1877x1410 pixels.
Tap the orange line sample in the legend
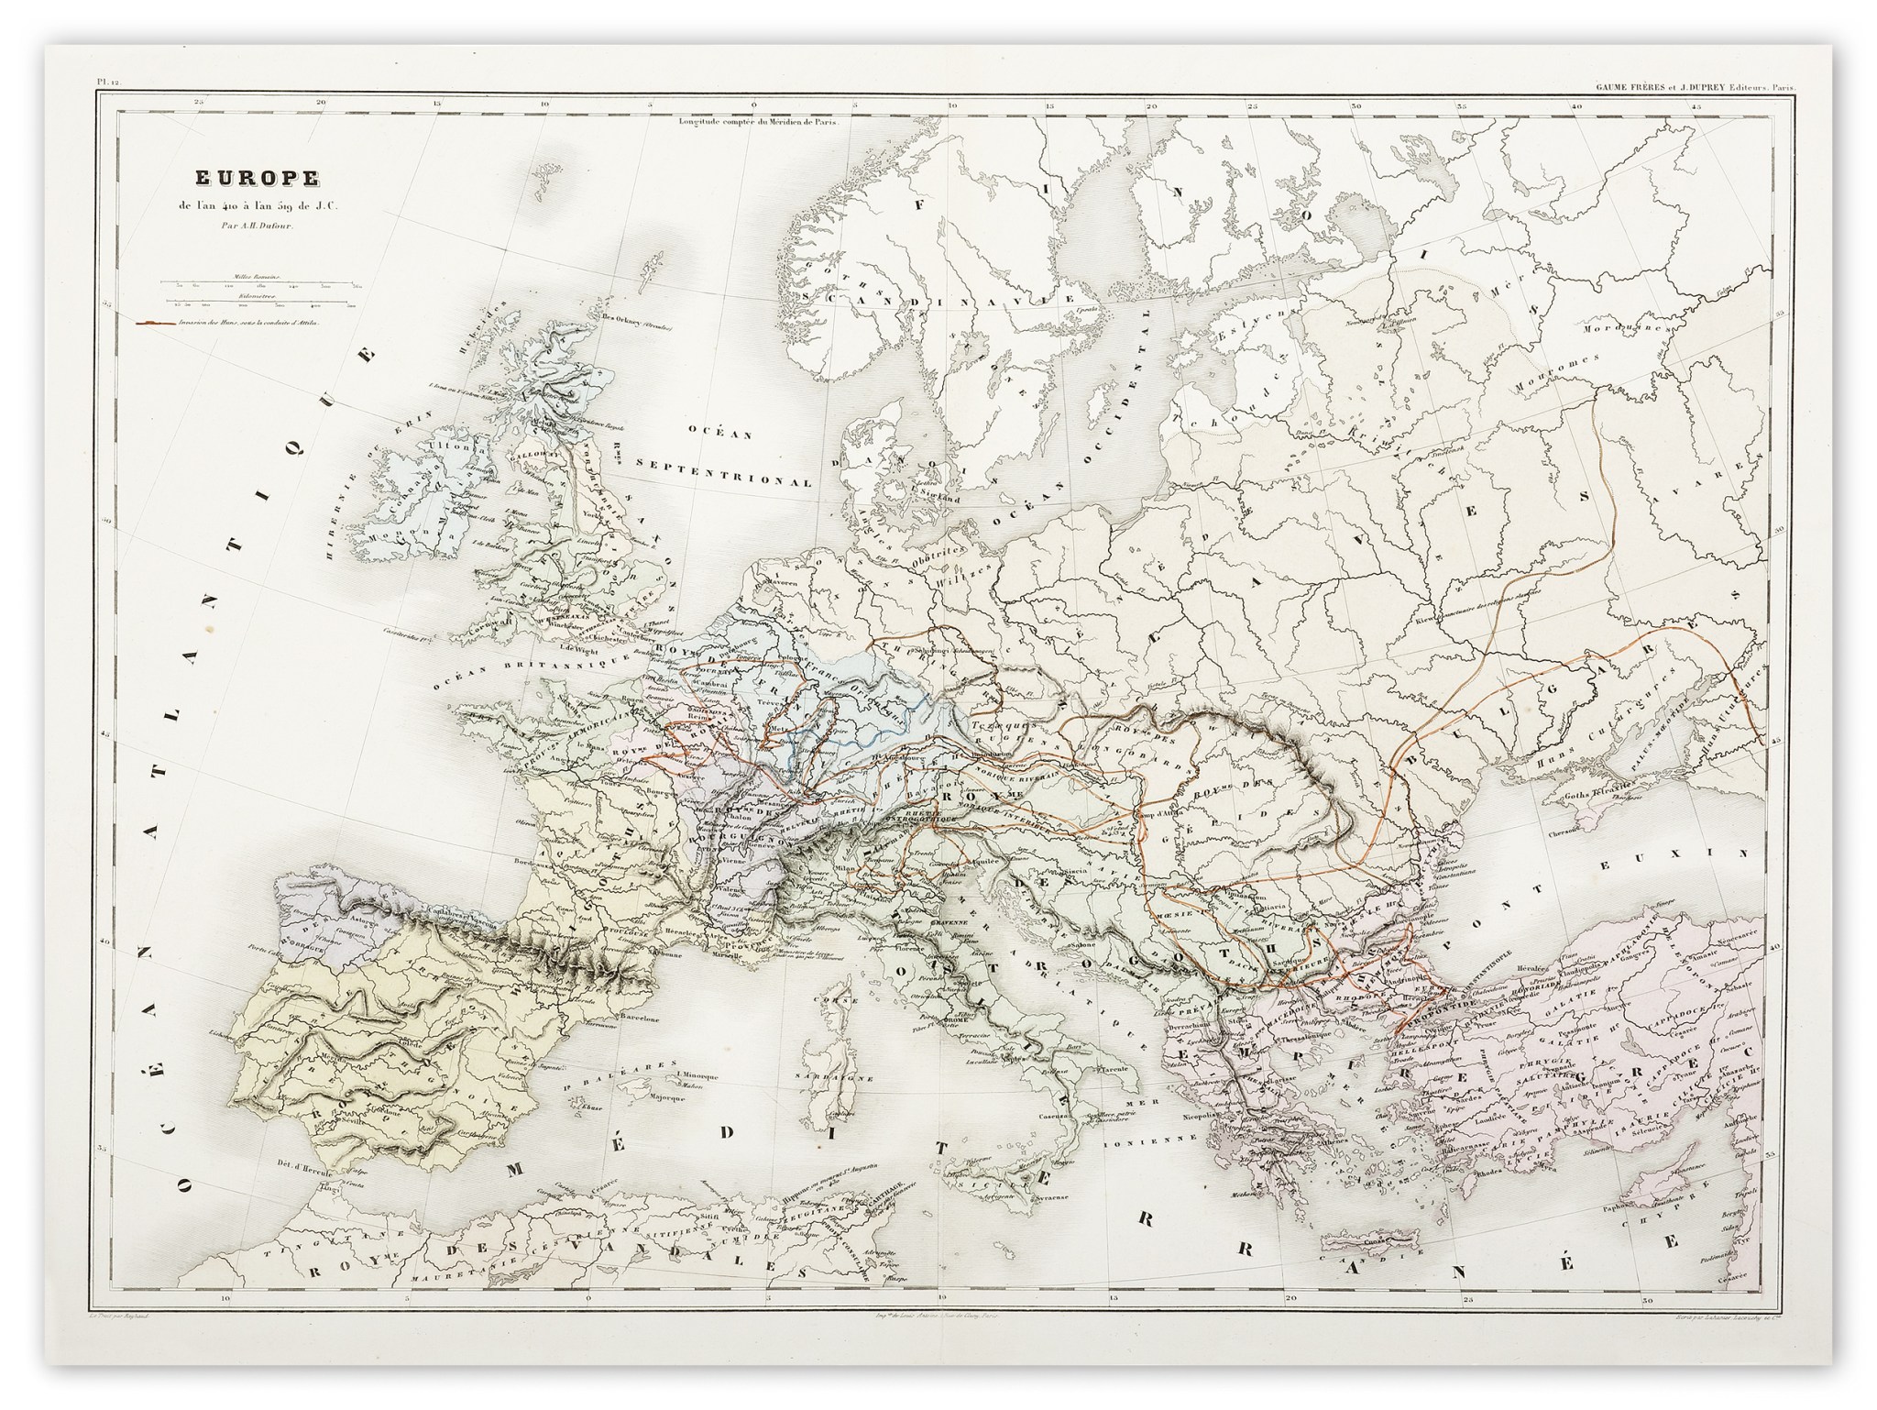(x=158, y=324)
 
